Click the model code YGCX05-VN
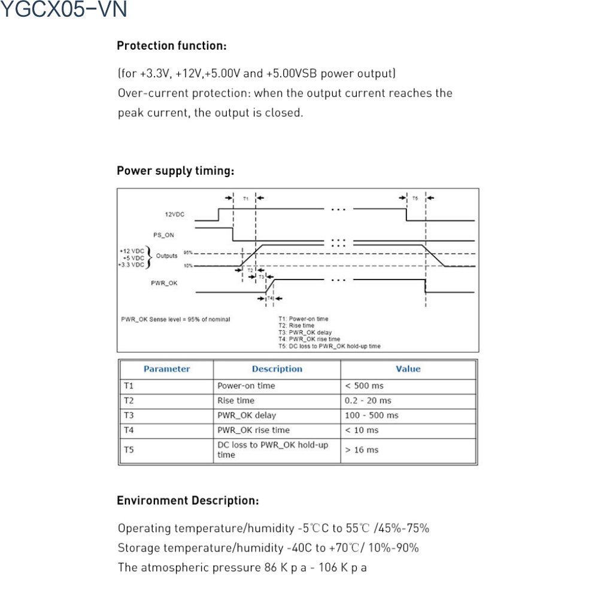(x=64, y=10)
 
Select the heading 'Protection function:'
(x=172, y=45)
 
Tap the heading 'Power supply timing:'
(x=175, y=171)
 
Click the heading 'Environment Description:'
(x=188, y=500)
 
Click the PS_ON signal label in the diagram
(x=163, y=235)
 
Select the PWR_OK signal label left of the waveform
(x=164, y=283)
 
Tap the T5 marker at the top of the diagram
(x=415, y=198)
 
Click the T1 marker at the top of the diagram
(x=246, y=198)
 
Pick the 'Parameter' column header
(x=166, y=369)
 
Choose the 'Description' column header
(x=277, y=369)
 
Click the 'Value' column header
(x=408, y=369)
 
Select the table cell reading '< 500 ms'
(x=364, y=386)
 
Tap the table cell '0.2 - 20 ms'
(x=368, y=400)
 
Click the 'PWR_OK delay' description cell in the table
(x=247, y=415)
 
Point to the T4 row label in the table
(x=129, y=430)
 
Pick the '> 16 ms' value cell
(x=362, y=450)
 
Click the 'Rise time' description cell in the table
(x=236, y=400)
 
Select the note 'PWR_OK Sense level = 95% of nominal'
(x=175, y=319)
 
